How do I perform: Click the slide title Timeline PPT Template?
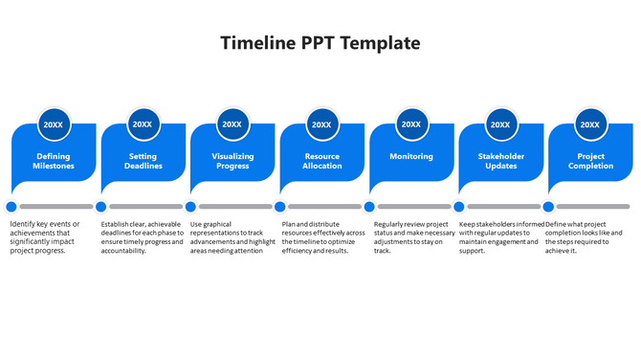coord(320,43)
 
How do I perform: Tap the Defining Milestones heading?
coord(54,161)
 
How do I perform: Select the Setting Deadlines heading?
coord(143,161)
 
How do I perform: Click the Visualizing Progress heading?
coord(232,161)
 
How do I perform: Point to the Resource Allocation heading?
coord(321,161)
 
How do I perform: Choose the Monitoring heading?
coord(411,156)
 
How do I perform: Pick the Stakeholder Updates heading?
coord(500,161)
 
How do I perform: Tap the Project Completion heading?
coord(590,161)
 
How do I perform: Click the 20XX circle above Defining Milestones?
coord(54,124)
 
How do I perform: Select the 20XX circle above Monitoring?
coord(411,124)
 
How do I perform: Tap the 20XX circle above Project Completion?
coord(590,124)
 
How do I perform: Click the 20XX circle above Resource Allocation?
coord(321,124)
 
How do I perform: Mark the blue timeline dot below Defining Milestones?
coord(11,206)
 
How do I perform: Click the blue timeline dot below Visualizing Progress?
coord(190,206)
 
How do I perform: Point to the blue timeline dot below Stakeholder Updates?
coord(459,206)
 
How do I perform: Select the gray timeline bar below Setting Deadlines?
coord(145,206)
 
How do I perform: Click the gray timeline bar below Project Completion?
coord(593,206)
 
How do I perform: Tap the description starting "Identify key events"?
coord(45,236)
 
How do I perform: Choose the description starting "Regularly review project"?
coord(414,236)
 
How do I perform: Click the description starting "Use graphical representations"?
coord(233,236)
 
